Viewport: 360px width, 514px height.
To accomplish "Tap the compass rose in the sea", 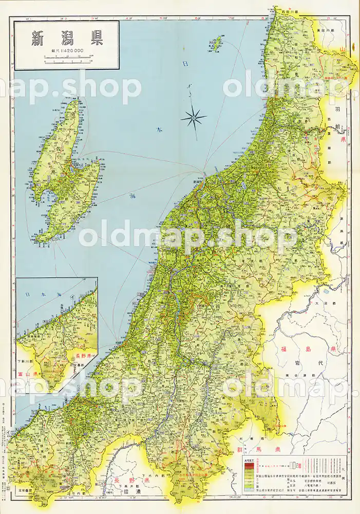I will [x=194, y=118].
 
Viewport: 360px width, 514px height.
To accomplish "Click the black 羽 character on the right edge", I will [x=352, y=108].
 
